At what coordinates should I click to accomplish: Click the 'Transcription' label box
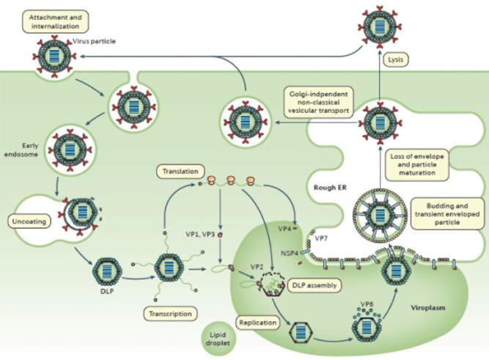tap(170, 314)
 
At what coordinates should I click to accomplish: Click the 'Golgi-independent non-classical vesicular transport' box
tap(318, 101)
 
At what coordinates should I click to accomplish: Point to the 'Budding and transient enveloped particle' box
tap(441, 213)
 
